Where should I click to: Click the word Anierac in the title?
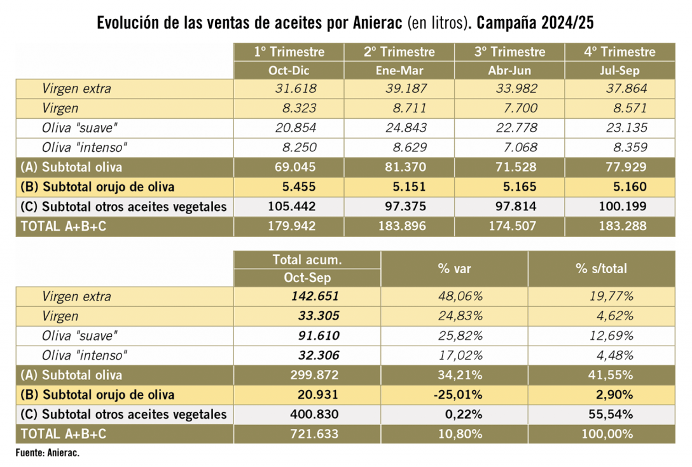[x=377, y=22]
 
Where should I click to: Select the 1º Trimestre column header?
[x=289, y=52]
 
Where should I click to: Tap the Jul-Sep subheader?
[x=619, y=71]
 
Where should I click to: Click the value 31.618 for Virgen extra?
[x=296, y=89]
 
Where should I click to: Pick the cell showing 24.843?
[x=406, y=128]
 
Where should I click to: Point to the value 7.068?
[x=520, y=147]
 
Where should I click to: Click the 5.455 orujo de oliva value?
[x=299, y=187]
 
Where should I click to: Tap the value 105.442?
[x=292, y=206]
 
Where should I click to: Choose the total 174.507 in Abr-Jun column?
[x=513, y=226]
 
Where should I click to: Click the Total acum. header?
[x=307, y=260]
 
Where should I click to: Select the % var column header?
[x=454, y=269]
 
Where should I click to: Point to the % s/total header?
[x=601, y=269]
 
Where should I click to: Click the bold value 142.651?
[x=315, y=296]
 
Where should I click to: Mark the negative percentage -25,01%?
[x=458, y=395]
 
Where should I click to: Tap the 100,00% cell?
[x=607, y=434]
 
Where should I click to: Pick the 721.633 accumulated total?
[x=314, y=434]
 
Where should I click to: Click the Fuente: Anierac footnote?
[x=48, y=453]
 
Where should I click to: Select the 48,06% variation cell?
[x=460, y=296]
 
